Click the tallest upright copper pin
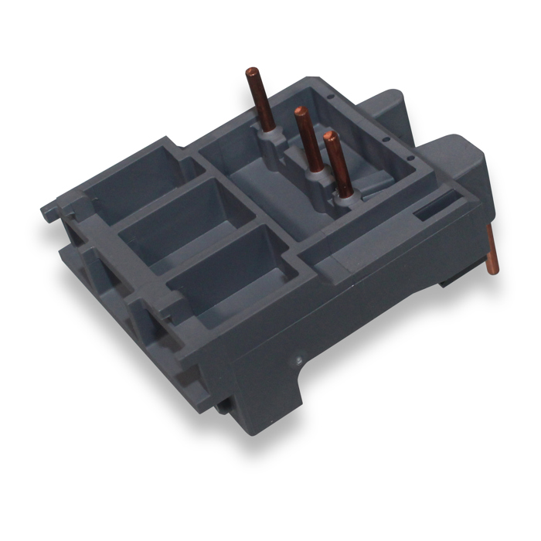(258, 100)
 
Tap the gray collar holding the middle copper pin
(314, 179)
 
